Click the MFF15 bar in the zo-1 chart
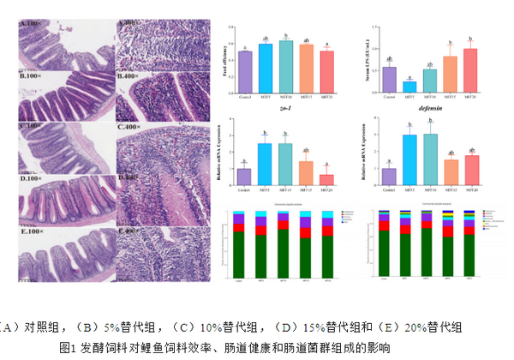(306, 172)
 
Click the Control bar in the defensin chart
(390, 176)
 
